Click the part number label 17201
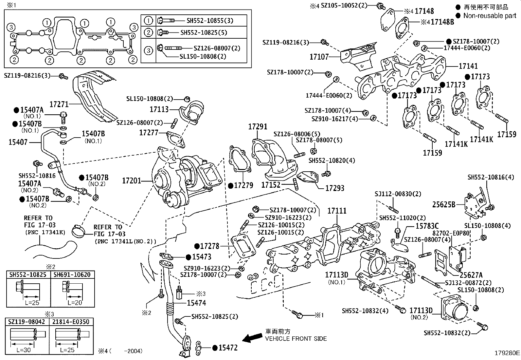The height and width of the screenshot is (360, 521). point(131,180)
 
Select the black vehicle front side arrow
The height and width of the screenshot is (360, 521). point(253,338)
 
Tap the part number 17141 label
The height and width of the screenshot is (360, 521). point(468,66)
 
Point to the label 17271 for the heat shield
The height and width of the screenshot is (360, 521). point(59,104)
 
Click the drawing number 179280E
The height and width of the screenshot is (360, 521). point(507,353)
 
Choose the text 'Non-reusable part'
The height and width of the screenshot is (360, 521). point(489,15)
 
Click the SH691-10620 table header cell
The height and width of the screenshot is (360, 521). point(72,275)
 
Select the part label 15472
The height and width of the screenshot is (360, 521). point(228,348)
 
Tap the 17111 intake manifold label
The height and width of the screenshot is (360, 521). point(337,211)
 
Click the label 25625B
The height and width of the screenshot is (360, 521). point(444,204)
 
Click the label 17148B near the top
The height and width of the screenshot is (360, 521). point(442,22)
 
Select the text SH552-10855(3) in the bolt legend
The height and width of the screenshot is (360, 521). point(210,20)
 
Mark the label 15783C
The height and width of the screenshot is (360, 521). point(427,226)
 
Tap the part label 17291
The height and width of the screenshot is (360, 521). point(258,126)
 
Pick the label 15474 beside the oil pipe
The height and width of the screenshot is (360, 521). point(196,303)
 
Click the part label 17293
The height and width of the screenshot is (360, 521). point(334,188)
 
